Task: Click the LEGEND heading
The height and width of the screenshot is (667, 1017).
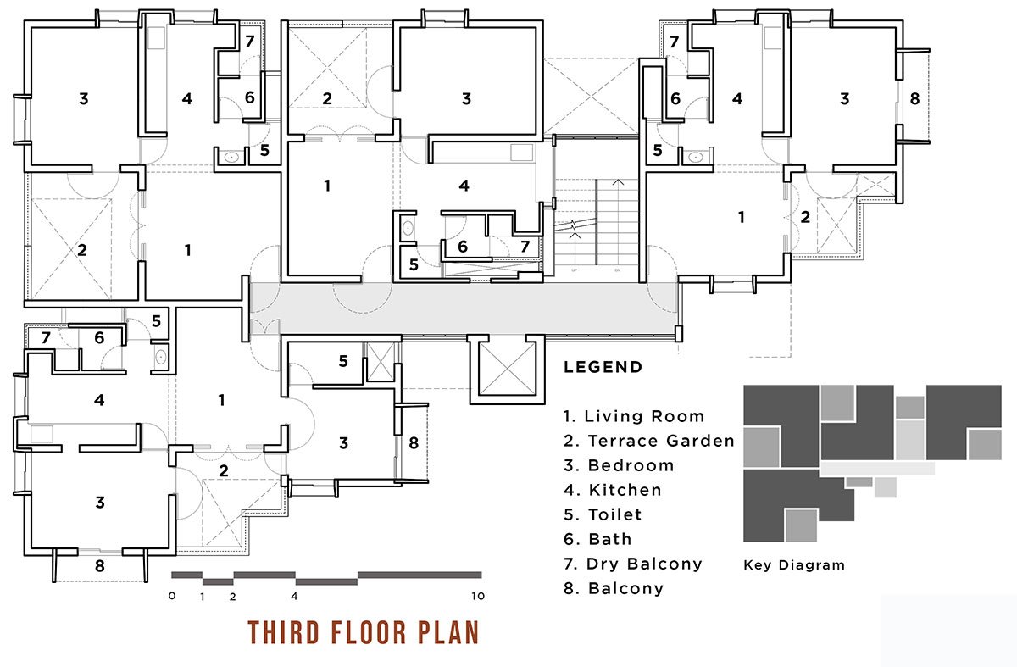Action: (603, 367)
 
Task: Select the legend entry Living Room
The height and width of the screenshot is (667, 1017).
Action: (634, 416)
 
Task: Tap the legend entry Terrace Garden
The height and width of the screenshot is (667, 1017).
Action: (649, 441)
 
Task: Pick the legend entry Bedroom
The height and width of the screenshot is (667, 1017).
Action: (619, 465)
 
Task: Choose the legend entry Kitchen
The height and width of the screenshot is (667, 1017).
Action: (613, 490)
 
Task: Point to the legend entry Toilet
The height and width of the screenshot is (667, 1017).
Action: (603, 514)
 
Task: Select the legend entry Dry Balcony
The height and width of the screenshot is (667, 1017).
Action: (633, 564)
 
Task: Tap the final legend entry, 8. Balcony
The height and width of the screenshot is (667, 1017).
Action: (614, 588)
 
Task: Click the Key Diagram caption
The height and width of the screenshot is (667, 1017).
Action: (794, 564)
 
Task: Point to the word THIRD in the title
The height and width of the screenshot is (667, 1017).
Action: (284, 632)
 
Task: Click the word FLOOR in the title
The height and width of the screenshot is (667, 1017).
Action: (368, 632)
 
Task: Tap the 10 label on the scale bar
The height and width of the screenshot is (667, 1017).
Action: (478, 596)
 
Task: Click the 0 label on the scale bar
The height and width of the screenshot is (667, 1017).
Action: (171, 595)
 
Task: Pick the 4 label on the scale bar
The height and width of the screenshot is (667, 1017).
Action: (294, 596)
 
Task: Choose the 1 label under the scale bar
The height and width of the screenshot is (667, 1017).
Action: (203, 597)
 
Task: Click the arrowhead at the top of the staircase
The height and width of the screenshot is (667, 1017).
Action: (618, 182)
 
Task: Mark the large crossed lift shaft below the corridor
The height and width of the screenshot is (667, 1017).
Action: (507, 370)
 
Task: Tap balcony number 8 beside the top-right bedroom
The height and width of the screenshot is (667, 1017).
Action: (914, 98)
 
